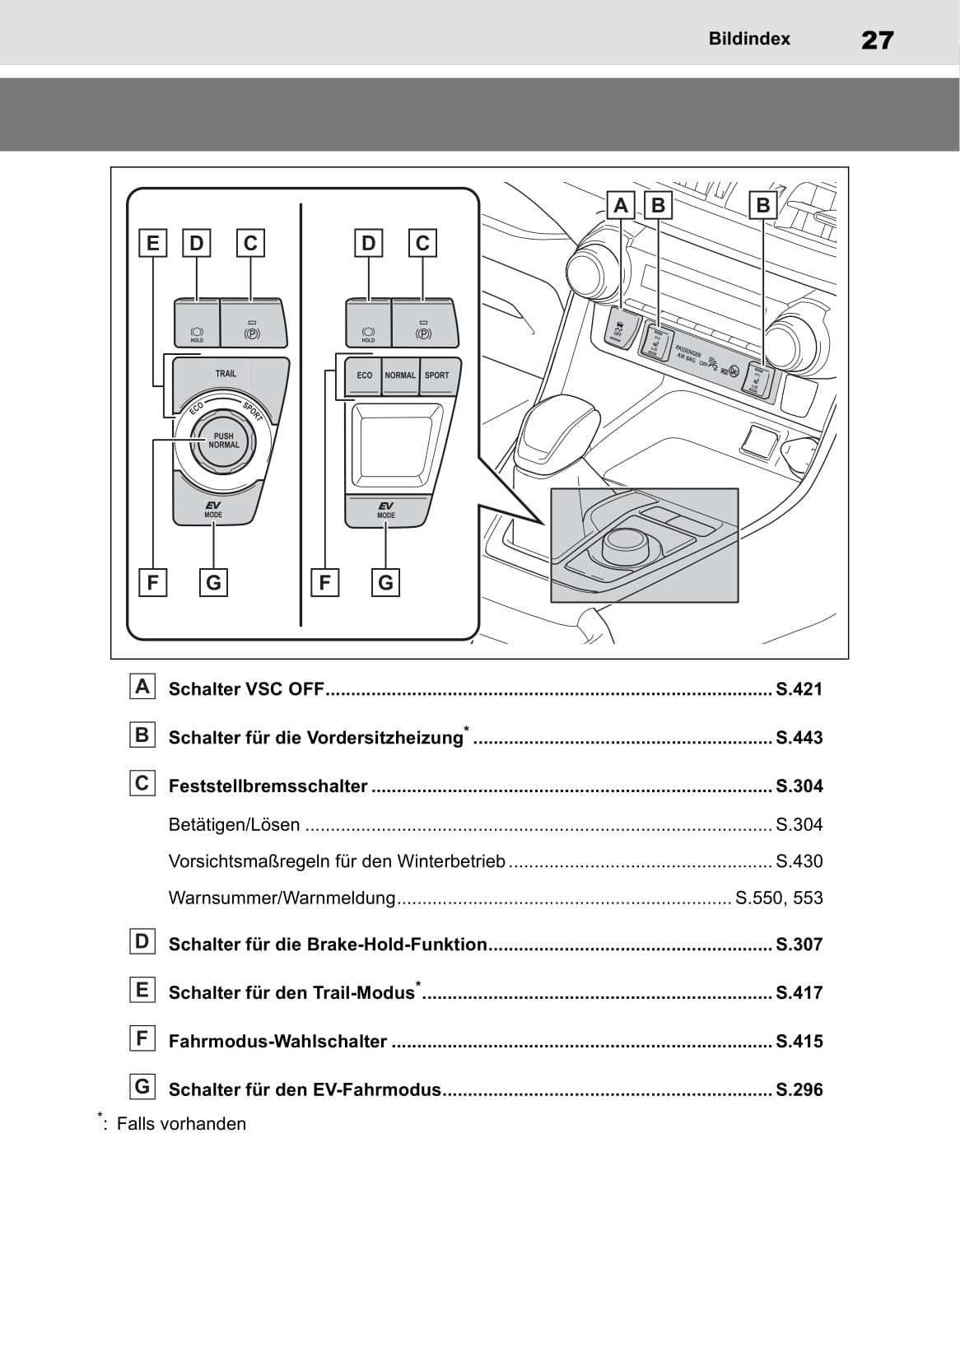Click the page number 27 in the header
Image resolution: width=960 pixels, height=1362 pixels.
click(877, 40)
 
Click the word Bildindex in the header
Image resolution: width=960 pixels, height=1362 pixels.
click(748, 39)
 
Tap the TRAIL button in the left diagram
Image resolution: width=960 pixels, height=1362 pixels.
click(226, 374)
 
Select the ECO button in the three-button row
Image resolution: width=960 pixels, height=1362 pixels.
click(364, 375)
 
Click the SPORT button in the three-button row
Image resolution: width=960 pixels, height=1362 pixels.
click(437, 375)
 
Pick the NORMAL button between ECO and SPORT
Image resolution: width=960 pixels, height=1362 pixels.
click(400, 375)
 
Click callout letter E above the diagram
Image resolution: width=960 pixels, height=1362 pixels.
click(152, 243)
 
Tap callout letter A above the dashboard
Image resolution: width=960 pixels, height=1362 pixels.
click(621, 205)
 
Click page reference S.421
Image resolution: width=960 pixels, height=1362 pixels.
click(799, 689)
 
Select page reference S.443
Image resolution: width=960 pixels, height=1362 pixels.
click(799, 738)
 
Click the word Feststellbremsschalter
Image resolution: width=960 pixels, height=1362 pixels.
click(268, 786)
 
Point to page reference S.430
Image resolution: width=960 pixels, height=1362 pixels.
click(799, 861)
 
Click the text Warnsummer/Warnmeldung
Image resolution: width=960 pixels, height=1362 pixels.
click(282, 898)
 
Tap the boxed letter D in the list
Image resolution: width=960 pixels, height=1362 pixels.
click(142, 941)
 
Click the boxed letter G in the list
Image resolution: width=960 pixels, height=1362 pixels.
click(142, 1087)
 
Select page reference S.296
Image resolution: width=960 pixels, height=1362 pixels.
click(799, 1090)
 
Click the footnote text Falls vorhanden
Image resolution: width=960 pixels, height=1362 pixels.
click(181, 1124)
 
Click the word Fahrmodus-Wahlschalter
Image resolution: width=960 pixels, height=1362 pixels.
click(277, 1042)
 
